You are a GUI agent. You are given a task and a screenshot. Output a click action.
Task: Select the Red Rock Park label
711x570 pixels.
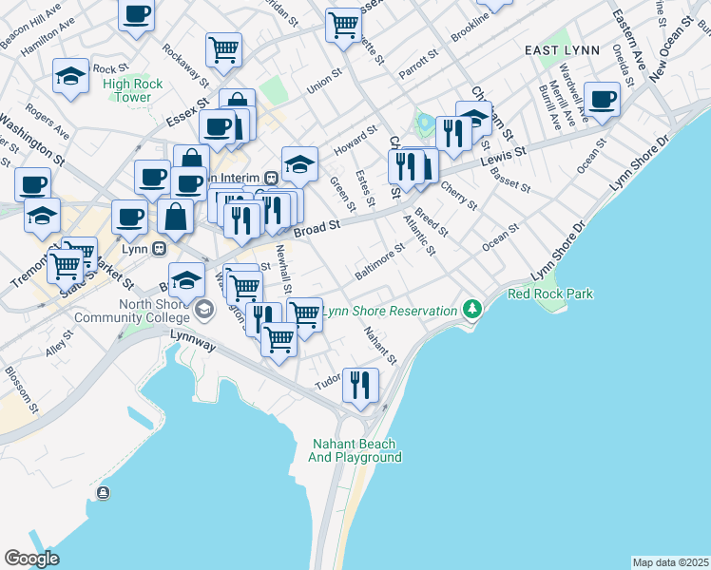click(x=550, y=294)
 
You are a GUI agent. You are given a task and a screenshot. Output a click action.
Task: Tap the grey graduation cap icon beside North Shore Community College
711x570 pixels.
click(x=203, y=311)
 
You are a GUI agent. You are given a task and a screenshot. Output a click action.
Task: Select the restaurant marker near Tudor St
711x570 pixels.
click(x=360, y=384)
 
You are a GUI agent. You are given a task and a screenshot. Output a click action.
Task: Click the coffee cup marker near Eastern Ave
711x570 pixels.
click(x=603, y=99)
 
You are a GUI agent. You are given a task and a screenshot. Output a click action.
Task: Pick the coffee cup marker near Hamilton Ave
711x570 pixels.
click(x=137, y=14)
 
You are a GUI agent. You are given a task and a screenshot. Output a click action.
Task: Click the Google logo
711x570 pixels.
click(x=31, y=559)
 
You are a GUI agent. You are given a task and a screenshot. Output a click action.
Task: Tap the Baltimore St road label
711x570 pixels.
click(x=380, y=256)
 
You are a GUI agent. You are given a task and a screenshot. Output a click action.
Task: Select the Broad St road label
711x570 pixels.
click(x=317, y=229)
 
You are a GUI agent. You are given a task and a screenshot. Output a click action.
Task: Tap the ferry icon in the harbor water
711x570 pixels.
click(x=102, y=492)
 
